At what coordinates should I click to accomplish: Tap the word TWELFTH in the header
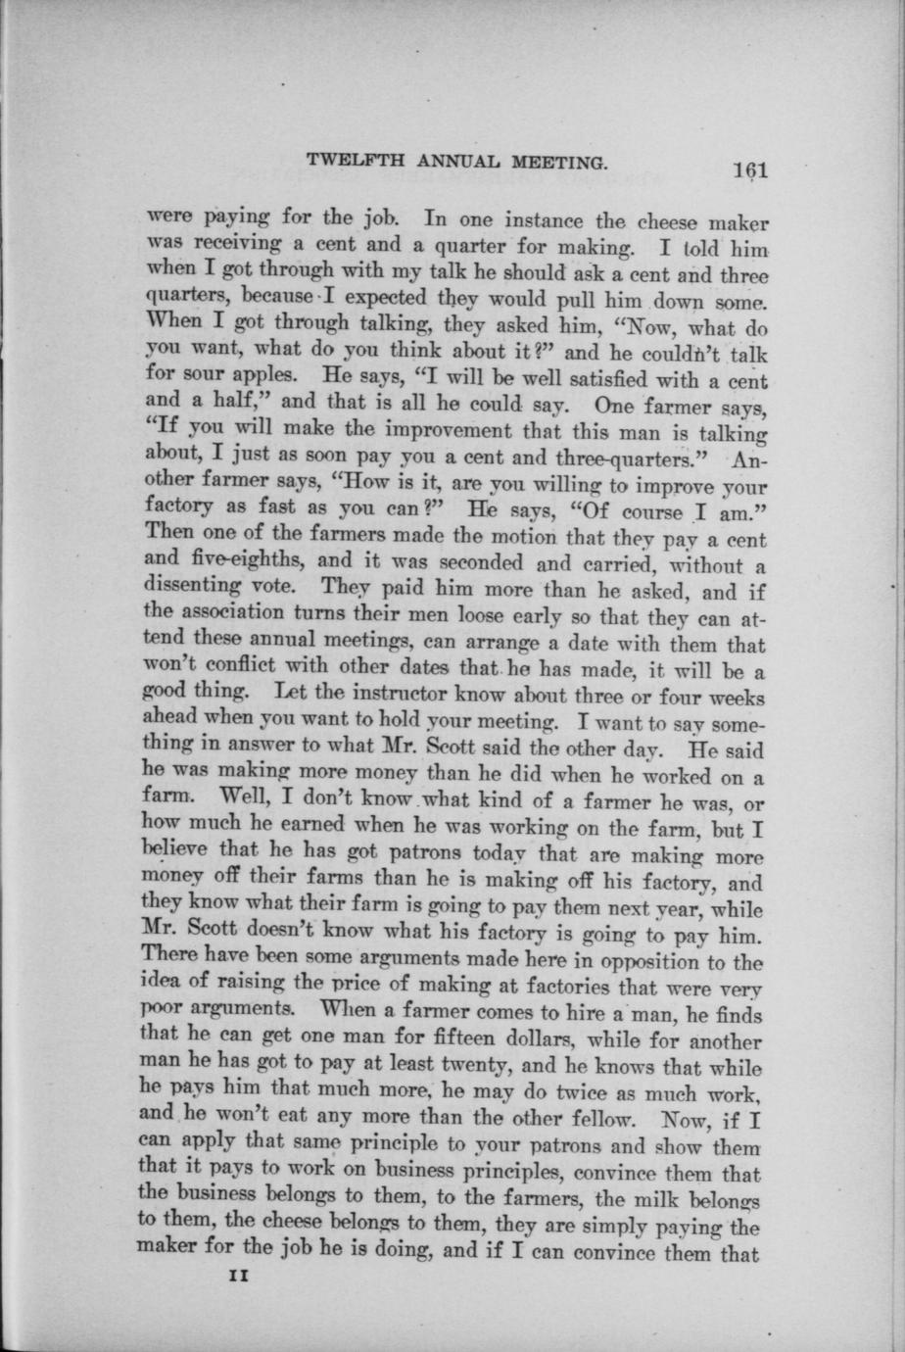coord(345,162)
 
